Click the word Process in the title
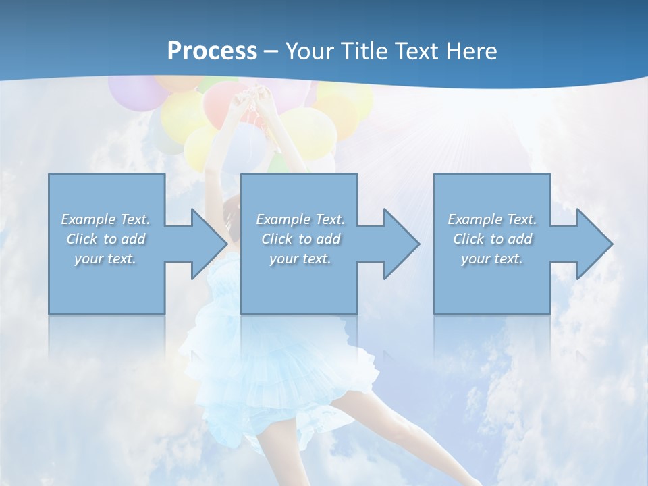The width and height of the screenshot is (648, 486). (212, 51)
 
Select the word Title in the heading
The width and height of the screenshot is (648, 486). (360, 51)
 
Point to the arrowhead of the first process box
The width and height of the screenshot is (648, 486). (209, 244)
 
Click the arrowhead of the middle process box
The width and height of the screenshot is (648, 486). (402, 244)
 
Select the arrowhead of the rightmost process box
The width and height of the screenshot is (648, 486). (595, 244)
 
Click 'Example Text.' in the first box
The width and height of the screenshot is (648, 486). (106, 219)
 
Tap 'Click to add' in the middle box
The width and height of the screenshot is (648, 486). (300, 239)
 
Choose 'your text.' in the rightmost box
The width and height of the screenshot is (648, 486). (492, 259)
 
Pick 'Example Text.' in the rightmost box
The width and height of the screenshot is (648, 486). (492, 219)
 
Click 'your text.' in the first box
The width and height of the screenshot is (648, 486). (106, 259)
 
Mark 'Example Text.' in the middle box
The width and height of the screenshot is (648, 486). (300, 219)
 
